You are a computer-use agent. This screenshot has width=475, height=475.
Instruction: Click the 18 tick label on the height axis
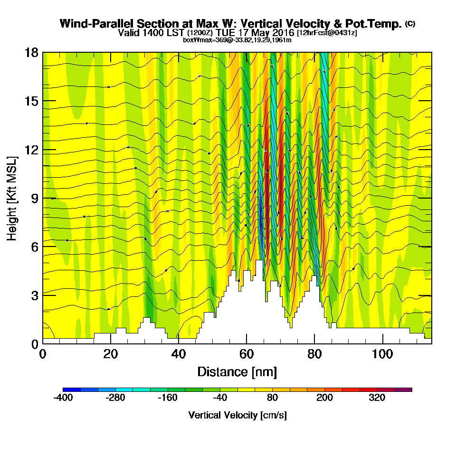point(31,52)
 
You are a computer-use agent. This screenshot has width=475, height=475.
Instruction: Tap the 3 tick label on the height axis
point(34,295)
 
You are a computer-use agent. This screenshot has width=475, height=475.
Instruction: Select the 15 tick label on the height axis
point(31,101)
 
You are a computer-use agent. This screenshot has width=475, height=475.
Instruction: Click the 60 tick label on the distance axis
point(246,354)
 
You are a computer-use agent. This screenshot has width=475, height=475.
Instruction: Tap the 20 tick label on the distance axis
point(111,354)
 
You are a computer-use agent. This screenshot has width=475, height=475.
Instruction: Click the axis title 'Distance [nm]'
point(237,371)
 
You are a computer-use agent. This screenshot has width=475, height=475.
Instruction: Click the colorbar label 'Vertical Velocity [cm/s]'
point(237,415)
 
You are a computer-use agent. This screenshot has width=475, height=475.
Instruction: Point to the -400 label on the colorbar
point(63,398)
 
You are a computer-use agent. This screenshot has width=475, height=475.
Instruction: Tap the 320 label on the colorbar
point(377,398)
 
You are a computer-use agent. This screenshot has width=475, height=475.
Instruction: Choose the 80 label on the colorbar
point(272,398)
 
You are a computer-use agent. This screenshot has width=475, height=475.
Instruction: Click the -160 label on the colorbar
point(168,398)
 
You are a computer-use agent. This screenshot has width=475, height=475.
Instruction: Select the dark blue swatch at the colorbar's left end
point(72,389)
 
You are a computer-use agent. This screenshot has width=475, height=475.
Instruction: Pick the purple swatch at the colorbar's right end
point(403,389)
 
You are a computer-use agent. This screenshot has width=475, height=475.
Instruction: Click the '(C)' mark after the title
point(410,23)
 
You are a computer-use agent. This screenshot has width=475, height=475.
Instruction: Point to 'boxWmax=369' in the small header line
point(201,40)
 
